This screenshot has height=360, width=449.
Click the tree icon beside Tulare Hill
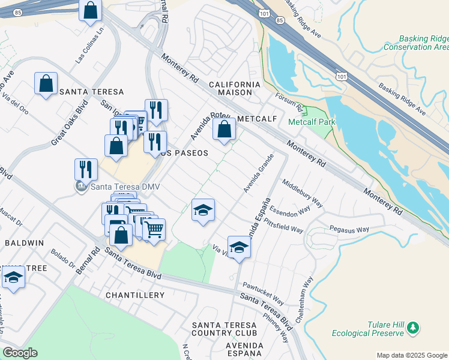[x=412, y=328]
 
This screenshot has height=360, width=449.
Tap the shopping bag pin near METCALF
[x=224, y=129]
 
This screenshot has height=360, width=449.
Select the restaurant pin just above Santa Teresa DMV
[x=86, y=170]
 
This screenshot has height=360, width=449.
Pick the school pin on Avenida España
[x=239, y=247]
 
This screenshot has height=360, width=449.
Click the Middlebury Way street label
[x=303, y=194]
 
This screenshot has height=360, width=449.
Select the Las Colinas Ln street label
[x=88, y=48]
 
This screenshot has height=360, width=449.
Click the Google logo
[x=20, y=353]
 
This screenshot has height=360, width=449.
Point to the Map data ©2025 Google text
[x=412, y=355]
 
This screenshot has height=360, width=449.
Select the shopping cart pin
[x=154, y=229]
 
